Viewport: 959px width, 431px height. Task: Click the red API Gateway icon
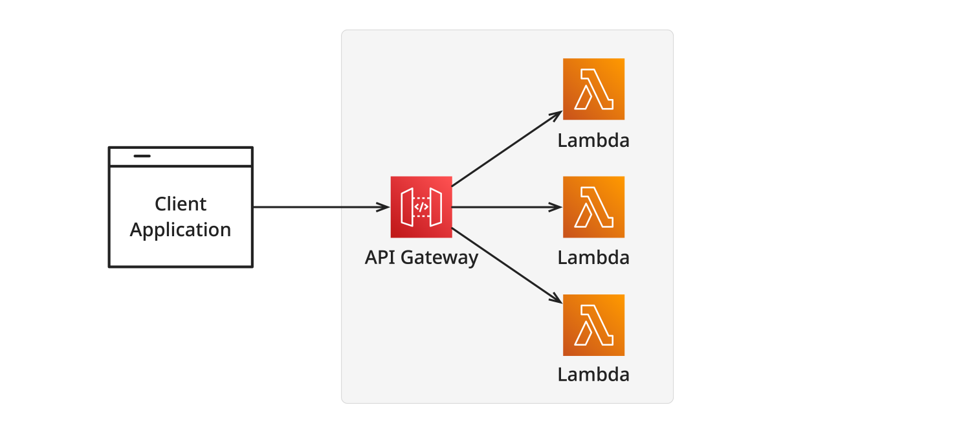click(x=421, y=207)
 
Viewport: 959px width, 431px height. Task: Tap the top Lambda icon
click(x=594, y=89)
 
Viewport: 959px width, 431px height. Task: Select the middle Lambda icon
click(x=594, y=207)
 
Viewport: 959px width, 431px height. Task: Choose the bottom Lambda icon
click(x=594, y=326)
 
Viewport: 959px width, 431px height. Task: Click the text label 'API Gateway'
click(x=422, y=258)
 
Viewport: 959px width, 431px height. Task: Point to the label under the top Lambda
click(x=593, y=140)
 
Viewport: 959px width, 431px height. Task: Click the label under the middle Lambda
click(x=593, y=258)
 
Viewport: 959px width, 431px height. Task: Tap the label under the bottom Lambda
click(x=593, y=375)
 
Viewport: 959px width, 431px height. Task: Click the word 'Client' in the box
click(x=181, y=204)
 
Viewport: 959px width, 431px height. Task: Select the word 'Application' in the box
click(x=181, y=230)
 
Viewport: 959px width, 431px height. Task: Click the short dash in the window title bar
click(x=142, y=156)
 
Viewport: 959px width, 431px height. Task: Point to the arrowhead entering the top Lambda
click(x=556, y=115)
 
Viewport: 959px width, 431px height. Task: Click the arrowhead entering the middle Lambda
click(x=556, y=207)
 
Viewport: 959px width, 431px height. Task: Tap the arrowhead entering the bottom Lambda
click(x=556, y=299)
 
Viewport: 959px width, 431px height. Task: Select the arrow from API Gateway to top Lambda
click(x=507, y=148)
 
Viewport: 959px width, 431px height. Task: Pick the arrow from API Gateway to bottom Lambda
click(x=507, y=266)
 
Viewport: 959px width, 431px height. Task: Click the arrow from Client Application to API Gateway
click(x=322, y=207)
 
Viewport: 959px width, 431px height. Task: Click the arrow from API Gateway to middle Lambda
click(x=507, y=207)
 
